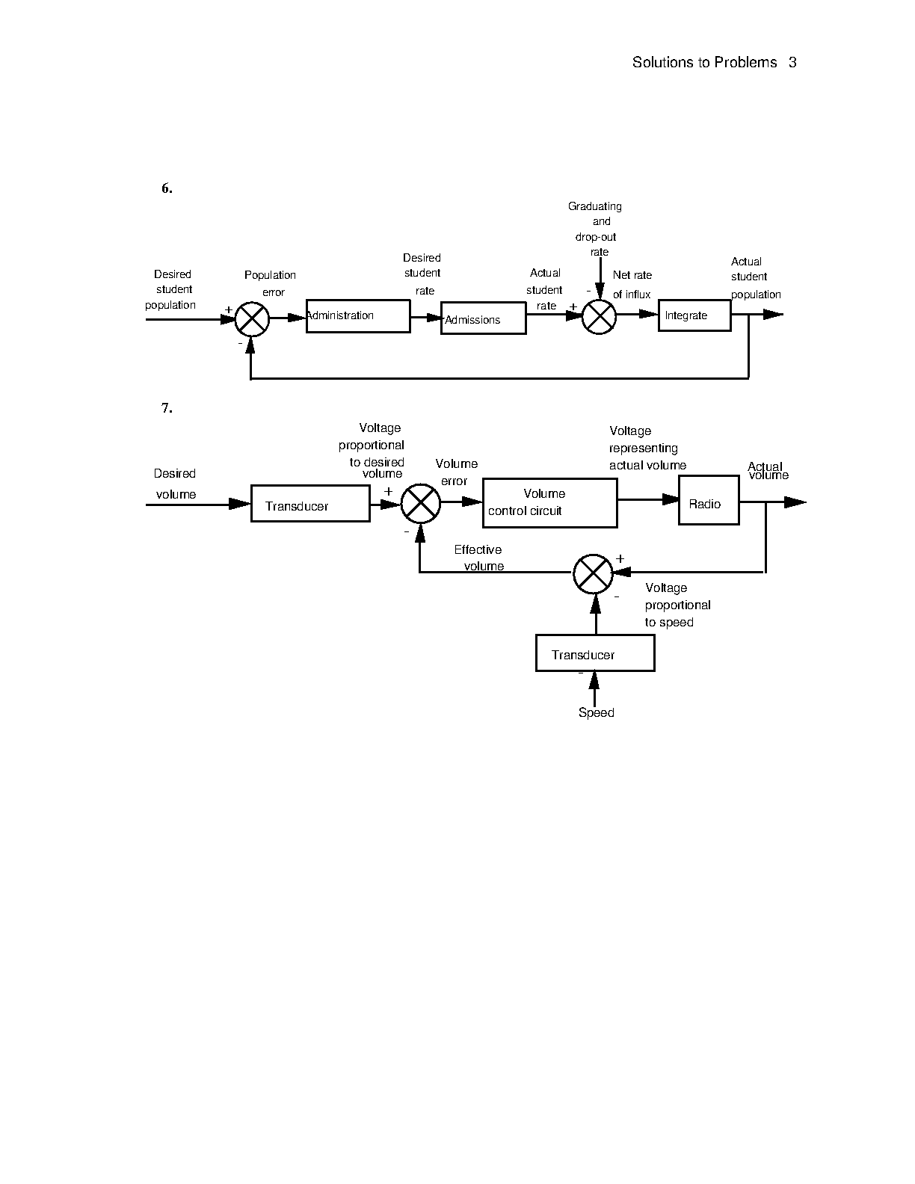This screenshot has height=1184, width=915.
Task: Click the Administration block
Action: tap(358, 316)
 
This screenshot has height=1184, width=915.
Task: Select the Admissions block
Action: tap(483, 318)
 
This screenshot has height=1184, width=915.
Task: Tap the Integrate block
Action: tap(694, 315)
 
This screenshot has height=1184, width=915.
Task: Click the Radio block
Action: tap(709, 500)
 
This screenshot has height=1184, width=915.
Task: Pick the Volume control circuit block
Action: tap(549, 503)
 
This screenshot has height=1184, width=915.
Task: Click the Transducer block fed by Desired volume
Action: tap(310, 504)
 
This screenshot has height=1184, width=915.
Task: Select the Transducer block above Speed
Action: tap(595, 653)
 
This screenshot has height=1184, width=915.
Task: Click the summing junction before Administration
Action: tap(252, 319)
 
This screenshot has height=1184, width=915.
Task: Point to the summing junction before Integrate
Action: tap(599, 317)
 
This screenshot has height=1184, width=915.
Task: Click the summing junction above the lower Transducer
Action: tap(593, 573)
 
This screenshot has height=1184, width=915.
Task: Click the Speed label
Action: tap(597, 713)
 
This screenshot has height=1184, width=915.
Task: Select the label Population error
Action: tap(271, 283)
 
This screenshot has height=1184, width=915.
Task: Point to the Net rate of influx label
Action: tap(632, 285)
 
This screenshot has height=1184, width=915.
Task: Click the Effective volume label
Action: tap(479, 558)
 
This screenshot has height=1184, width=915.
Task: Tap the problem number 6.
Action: tap(167, 188)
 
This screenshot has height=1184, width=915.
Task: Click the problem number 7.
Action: tap(167, 408)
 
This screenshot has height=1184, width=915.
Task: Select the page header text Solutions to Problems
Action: tap(704, 63)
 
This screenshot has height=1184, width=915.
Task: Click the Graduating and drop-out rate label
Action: tap(597, 229)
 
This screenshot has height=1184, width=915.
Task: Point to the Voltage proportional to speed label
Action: tap(677, 605)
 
